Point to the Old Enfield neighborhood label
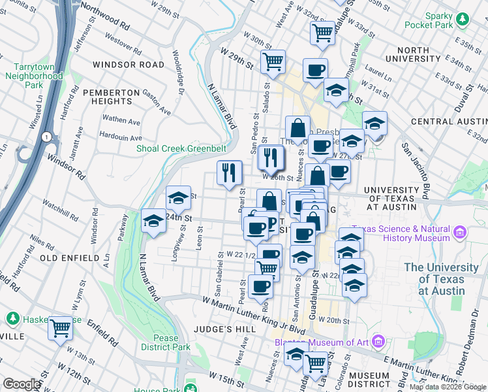point(69,258)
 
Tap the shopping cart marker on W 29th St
point(273,61)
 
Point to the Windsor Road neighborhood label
point(129,65)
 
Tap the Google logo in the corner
point(21,384)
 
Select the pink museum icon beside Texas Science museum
point(461,232)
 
